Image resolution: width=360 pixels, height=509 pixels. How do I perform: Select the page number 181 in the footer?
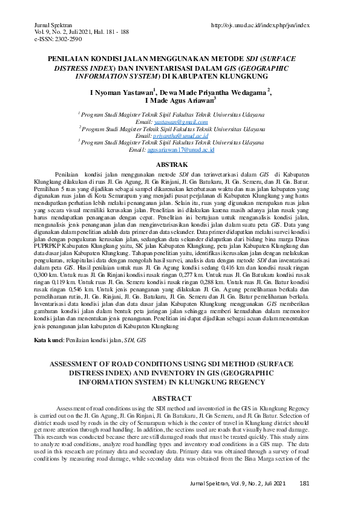coord(305,483)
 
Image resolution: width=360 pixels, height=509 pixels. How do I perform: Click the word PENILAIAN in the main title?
coord(70,60)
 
